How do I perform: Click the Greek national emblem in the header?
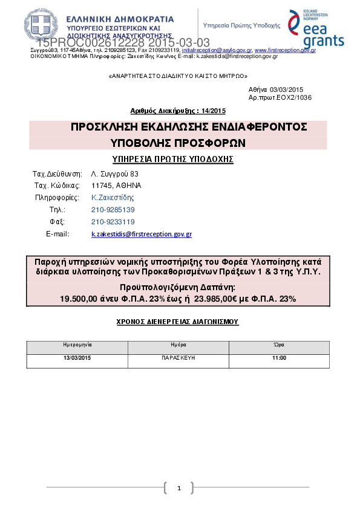[42, 26]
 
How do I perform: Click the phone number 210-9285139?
[113, 210]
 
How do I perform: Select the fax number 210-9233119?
[113, 222]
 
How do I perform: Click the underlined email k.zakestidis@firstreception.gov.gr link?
[142, 234]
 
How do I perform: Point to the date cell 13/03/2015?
[77, 358]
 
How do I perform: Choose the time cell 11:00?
[279, 358]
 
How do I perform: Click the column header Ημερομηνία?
[77, 344]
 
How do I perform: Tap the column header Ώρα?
[279, 344]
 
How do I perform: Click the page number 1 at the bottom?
[179, 488]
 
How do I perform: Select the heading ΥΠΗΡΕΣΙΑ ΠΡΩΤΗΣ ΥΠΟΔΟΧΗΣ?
[173, 159]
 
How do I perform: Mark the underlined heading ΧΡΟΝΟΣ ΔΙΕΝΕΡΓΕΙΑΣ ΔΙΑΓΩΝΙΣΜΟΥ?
[177, 322]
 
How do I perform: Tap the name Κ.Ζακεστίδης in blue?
[113, 198]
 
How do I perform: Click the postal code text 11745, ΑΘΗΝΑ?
[116, 186]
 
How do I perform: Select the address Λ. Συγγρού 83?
[114, 174]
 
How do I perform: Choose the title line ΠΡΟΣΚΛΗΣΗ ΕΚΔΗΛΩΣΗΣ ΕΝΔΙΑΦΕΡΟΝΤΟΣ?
[189, 128]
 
